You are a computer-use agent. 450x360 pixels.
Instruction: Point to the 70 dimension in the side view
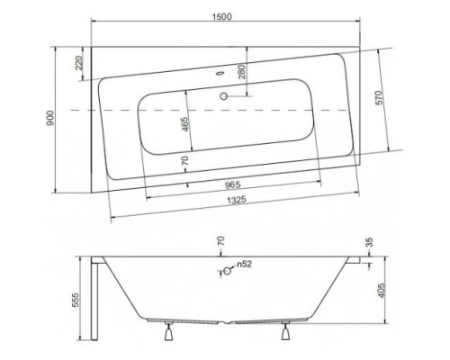click(x=219, y=242)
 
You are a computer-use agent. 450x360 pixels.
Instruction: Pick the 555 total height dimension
click(x=78, y=300)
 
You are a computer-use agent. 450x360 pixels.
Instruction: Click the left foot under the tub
click(x=167, y=336)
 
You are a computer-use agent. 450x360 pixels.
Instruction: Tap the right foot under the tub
click(x=285, y=336)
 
